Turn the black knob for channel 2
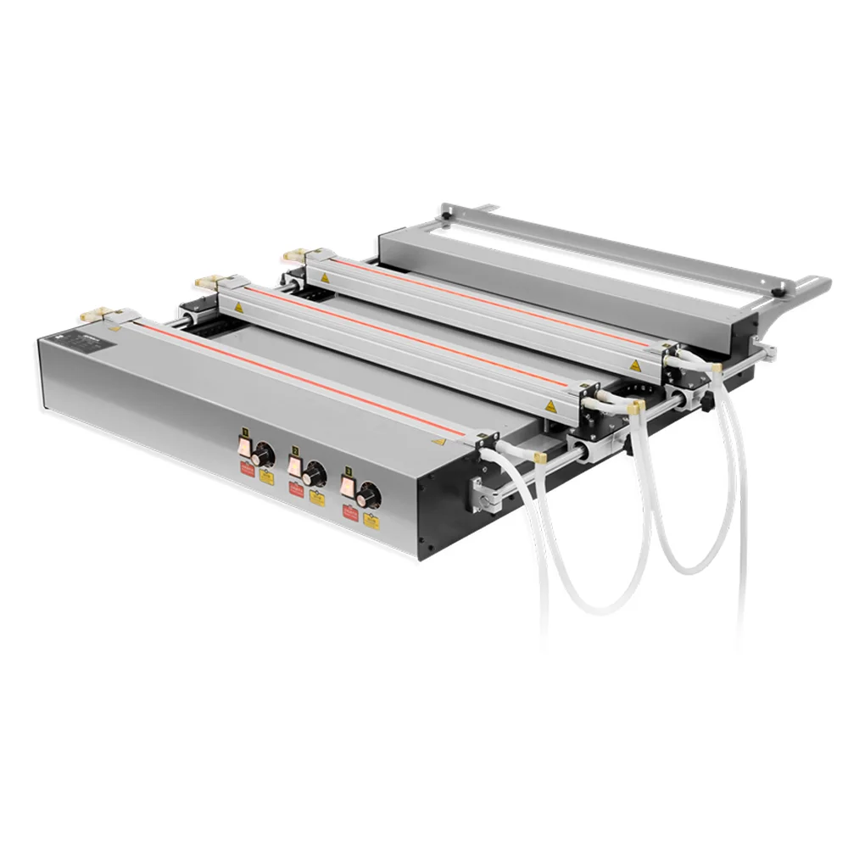(315, 472)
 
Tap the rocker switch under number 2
(293, 465)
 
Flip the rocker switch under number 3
(348, 484)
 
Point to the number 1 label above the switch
(244, 432)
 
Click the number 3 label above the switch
(348, 467)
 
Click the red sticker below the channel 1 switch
(246, 468)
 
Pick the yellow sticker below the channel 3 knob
(371, 519)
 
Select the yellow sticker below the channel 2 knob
(317, 499)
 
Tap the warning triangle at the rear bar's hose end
(633, 365)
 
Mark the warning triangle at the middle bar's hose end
(550, 405)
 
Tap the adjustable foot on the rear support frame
(778, 293)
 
